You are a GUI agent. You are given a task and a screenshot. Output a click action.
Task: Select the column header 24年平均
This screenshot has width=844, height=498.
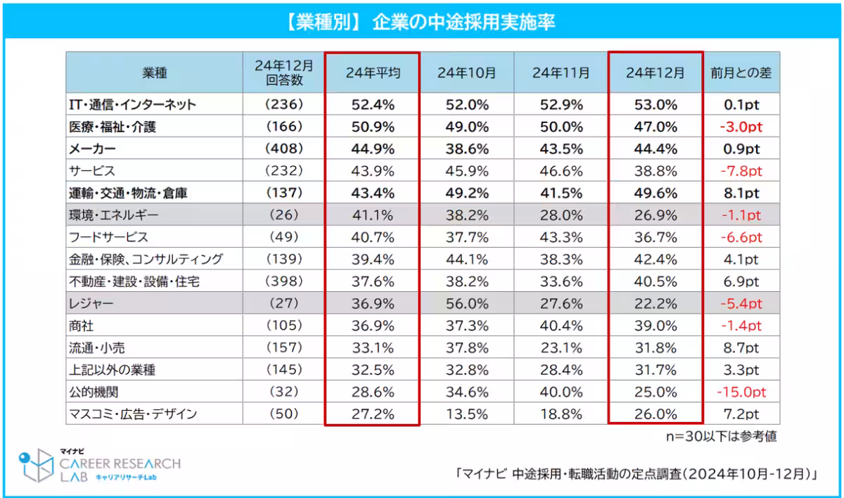[x=373, y=73]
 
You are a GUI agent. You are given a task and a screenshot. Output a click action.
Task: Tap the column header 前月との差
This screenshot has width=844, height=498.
[x=741, y=73]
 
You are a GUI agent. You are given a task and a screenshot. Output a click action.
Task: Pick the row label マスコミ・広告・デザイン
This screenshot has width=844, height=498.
[x=133, y=414]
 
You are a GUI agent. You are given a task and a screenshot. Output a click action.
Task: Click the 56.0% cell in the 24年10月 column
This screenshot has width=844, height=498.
[x=466, y=304]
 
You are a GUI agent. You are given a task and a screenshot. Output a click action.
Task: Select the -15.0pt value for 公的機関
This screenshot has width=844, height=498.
[x=741, y=392]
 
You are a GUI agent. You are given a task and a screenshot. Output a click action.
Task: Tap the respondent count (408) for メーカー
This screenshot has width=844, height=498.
[x=284, y=149]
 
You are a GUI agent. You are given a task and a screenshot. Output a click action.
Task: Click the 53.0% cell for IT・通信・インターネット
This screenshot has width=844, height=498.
[x=656, y=105]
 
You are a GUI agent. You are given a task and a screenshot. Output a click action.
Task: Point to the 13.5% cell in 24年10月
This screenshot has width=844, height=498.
[x=466, y=414]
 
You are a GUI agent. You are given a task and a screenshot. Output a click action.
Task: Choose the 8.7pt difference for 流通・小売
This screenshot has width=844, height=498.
[x=741, y=347]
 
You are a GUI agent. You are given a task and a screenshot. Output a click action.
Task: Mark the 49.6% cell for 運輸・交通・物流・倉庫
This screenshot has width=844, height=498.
[x=656, y=193]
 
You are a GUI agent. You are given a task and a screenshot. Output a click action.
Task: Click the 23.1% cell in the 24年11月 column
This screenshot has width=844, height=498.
[x=561, y=347]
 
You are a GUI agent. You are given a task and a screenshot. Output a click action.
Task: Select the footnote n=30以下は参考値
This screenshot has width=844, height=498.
[x=721, y=436]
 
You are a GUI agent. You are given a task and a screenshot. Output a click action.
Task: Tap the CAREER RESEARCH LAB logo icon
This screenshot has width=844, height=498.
[x=36, y=466]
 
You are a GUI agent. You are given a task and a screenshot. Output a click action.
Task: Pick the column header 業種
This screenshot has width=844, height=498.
[x=154, y=73]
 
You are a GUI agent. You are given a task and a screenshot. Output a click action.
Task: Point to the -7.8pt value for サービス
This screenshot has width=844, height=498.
[x=741, y=171]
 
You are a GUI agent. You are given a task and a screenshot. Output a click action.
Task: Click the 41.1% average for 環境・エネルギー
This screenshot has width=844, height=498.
[x=373, y=215]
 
